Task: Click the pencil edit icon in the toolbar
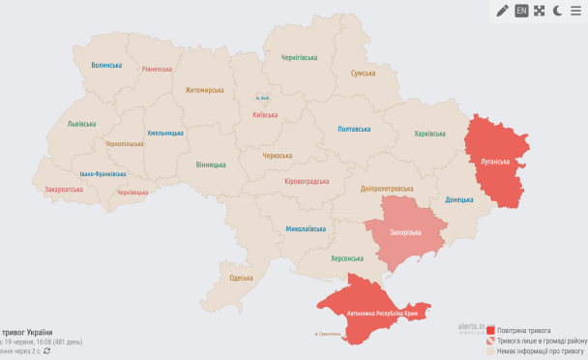point(502,11)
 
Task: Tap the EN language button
point(521,11)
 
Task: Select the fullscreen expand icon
point(539,11)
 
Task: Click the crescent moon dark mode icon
point(557,11)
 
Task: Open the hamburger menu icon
point(575,11)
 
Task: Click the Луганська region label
point(495,161)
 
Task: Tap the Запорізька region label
point(405,233)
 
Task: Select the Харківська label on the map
point(429,134)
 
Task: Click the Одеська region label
point(241,278)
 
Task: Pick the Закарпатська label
point(64,190)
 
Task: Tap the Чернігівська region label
point(299,58)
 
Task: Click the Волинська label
point(106,65)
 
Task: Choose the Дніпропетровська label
point(387,189)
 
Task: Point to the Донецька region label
point(459,200)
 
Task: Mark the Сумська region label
point(363,74)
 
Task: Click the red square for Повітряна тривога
point(491,331)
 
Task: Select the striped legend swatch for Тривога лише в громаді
point(491,342)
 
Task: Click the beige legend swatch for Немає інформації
point(491,352)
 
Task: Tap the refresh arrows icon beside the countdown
point(46,351)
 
